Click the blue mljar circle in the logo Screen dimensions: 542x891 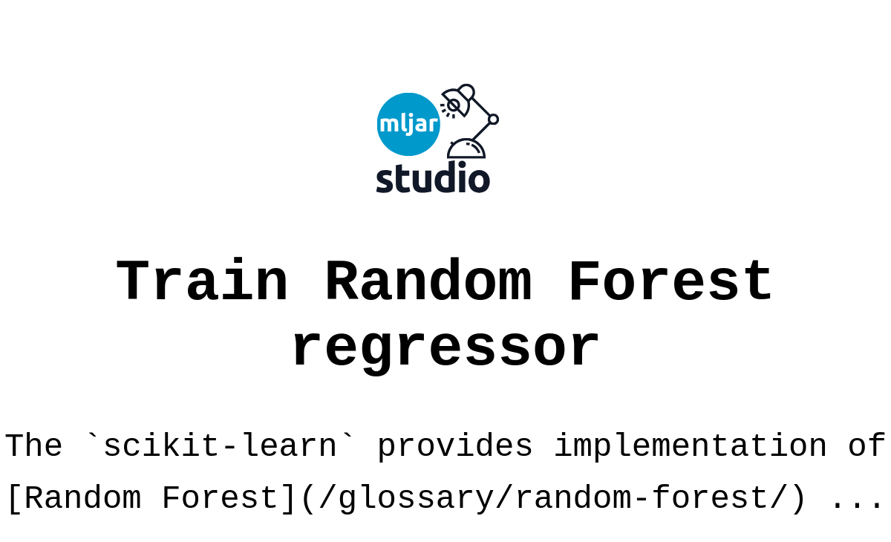(x=408, y=124)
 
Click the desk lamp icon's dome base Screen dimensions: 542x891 (x=466, y=149)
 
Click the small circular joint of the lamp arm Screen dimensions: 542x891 (x=493, y=119)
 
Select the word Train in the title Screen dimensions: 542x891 (x=202, y=283)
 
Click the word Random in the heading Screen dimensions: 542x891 (x=428, y=283)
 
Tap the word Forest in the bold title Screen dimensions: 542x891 (x=670, y=283)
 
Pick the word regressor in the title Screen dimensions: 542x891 (x=446, y=347)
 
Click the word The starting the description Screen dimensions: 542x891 (x=33, y=446)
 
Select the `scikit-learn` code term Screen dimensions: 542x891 (x=220, y=446)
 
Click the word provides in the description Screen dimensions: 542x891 (x=454, y=446)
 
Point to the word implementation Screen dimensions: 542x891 (x=690, y=446)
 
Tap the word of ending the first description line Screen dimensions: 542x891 (x=866, y=446)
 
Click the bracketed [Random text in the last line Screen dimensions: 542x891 (x=72, y=498)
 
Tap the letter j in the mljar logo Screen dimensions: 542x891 (x=408, y=125)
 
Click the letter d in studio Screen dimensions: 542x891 (x=440, y=177)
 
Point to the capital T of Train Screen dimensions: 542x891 (x=133, y=283)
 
